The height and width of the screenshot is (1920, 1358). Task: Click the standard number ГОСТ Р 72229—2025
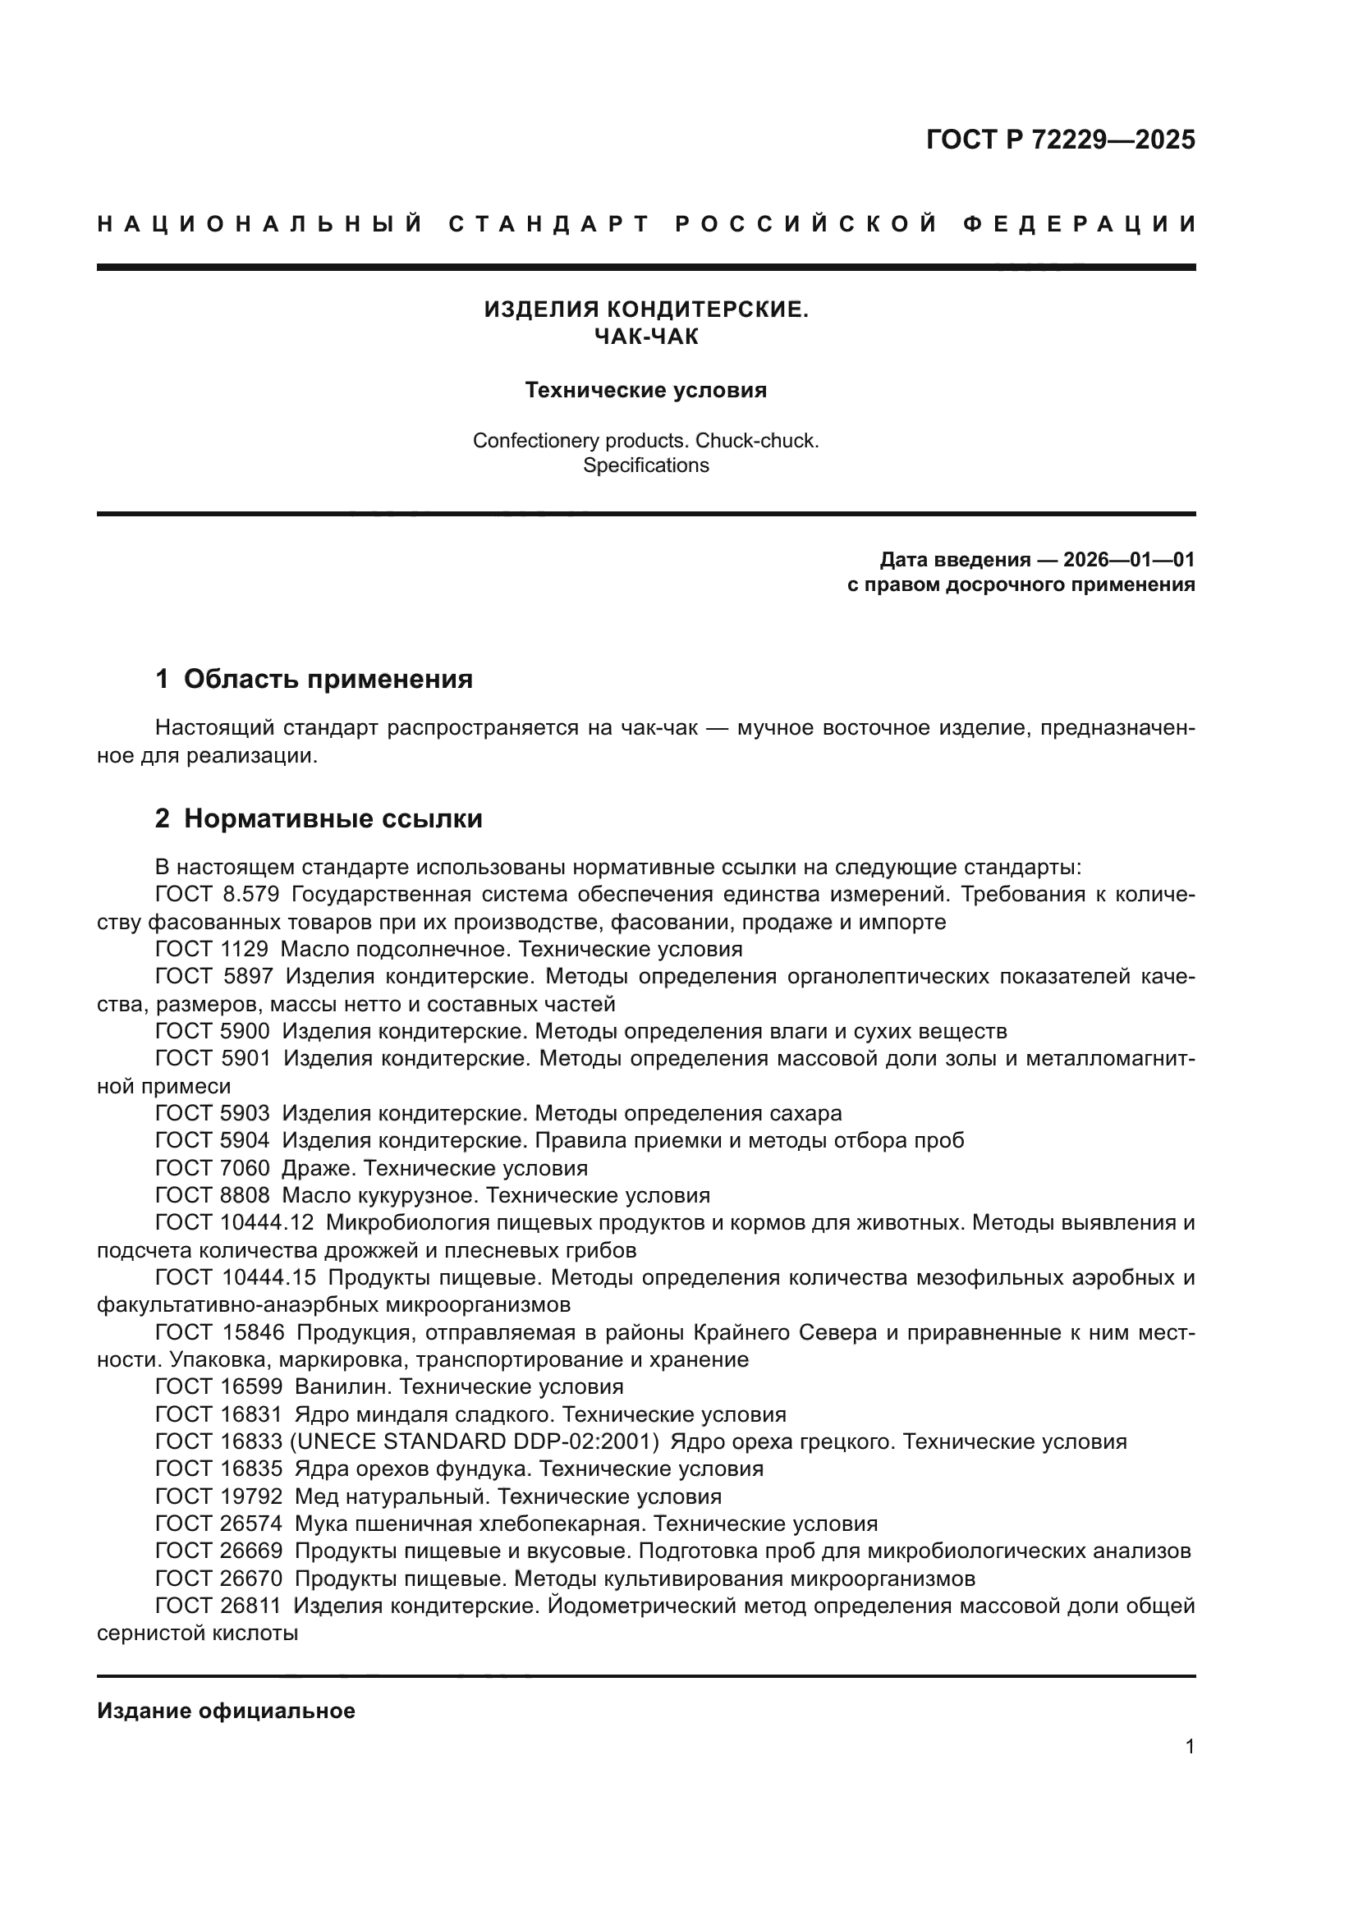click(1060, 140)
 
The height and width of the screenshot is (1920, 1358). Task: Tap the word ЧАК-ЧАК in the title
click(645, 337)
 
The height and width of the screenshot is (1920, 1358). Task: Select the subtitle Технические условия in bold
click(645, 391)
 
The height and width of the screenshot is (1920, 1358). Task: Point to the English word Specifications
click(645, 465)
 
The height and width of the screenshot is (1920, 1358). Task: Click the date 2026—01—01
click(1129, 560)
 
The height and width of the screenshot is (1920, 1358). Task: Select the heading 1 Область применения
click(314, 679)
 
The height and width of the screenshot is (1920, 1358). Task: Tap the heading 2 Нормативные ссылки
click(319, 818)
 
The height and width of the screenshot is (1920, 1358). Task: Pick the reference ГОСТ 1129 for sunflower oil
click(212, 949)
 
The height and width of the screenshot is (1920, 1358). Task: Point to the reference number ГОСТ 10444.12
click(234, 1222)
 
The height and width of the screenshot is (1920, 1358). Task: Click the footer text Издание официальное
click(226, 1711)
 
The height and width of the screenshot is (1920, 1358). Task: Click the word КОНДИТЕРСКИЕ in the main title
click(707, 310)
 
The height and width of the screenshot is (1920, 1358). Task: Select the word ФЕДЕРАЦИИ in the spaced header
click(1080, 224)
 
